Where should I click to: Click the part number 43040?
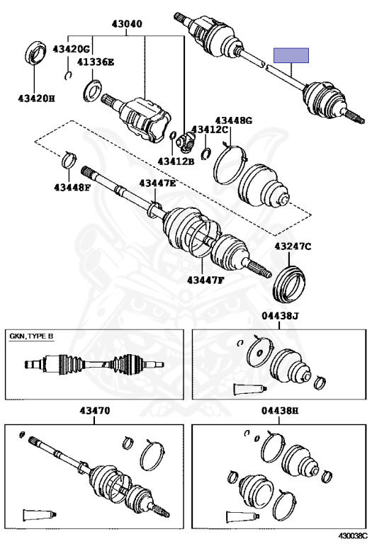point(127,24)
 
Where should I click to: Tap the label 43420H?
point(36,99)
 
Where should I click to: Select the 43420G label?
point(71,49)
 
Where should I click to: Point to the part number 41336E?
point(96,62)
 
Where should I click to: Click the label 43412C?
point(210,130)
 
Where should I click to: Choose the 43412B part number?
point(176,161)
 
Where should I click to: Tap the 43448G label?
point(234,120)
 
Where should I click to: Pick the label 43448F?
point(72,188)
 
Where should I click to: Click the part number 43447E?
point(157,183)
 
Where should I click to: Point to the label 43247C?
point(293,246)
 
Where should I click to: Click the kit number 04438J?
point(280,316)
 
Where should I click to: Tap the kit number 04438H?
point(280,411)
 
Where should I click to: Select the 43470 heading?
point(95,411)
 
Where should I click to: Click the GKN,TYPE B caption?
point(31,336)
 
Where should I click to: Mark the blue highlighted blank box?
point(291,55)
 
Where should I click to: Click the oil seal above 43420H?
point(35,55)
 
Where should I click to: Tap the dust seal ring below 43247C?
point(289,284)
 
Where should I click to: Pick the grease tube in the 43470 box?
point(40,514)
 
